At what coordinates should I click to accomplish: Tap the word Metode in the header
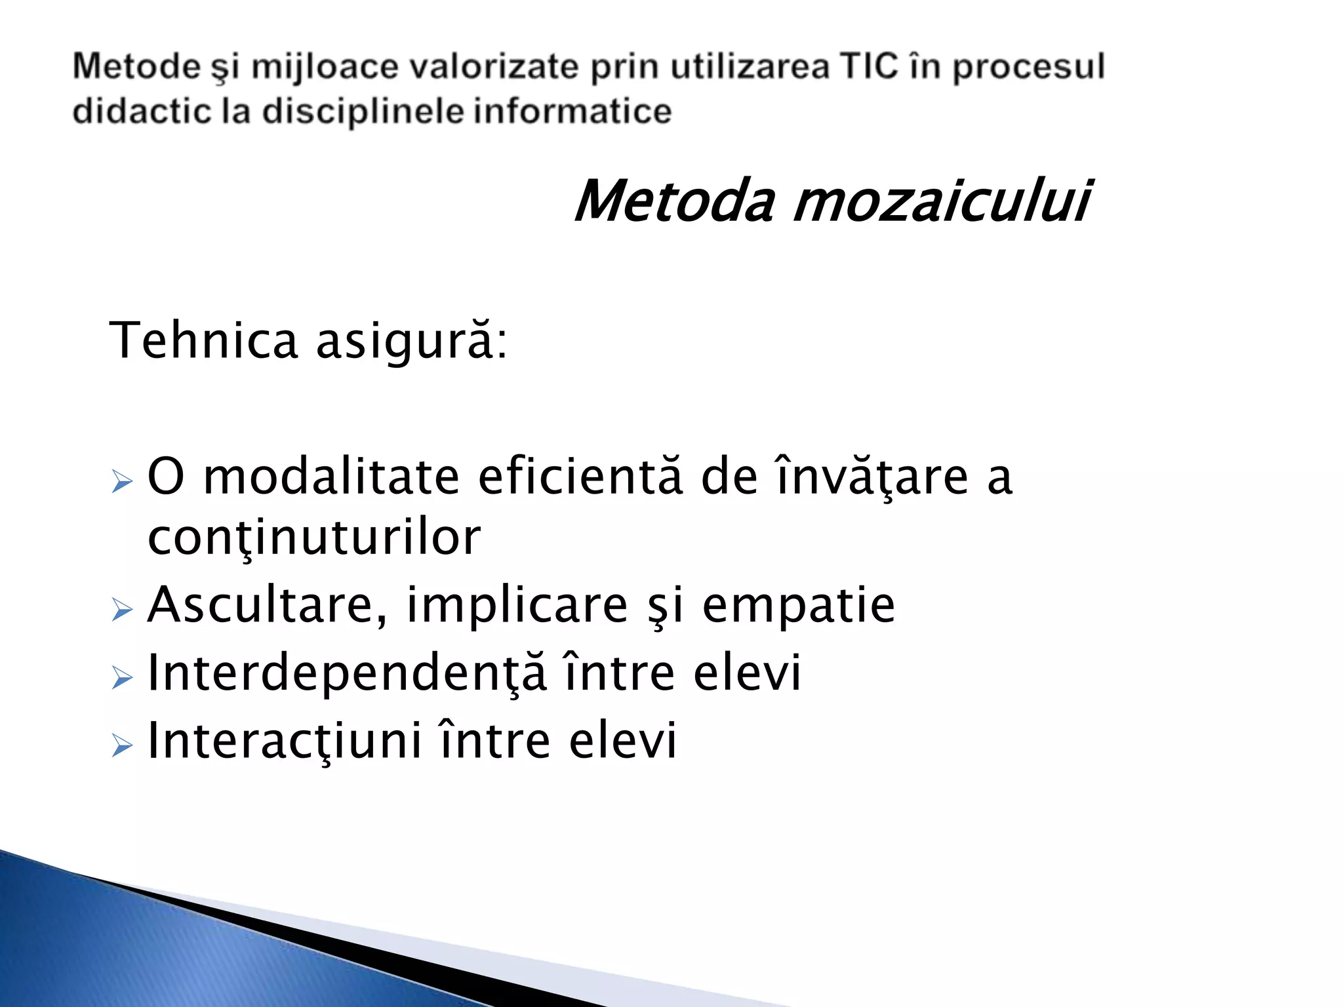[x=136, y=67]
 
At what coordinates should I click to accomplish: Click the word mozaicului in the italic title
[x=941, y=201]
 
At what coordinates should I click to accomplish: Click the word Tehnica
[x=203, y=340]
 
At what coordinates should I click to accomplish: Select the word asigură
[x=411, y=342]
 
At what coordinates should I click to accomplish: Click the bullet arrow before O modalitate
[x=122, y=481]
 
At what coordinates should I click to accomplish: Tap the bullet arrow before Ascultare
[x=122, y=610]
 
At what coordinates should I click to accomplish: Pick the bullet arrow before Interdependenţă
[x=122, y=678]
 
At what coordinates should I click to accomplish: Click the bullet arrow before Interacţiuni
[x=122, y=745]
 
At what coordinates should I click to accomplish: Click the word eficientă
[x=580, y=477]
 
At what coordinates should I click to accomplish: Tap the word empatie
[x=798, y=606]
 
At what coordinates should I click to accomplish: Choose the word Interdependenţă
[x=347, y=673]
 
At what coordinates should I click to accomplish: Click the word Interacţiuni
[x=285, y=741]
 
